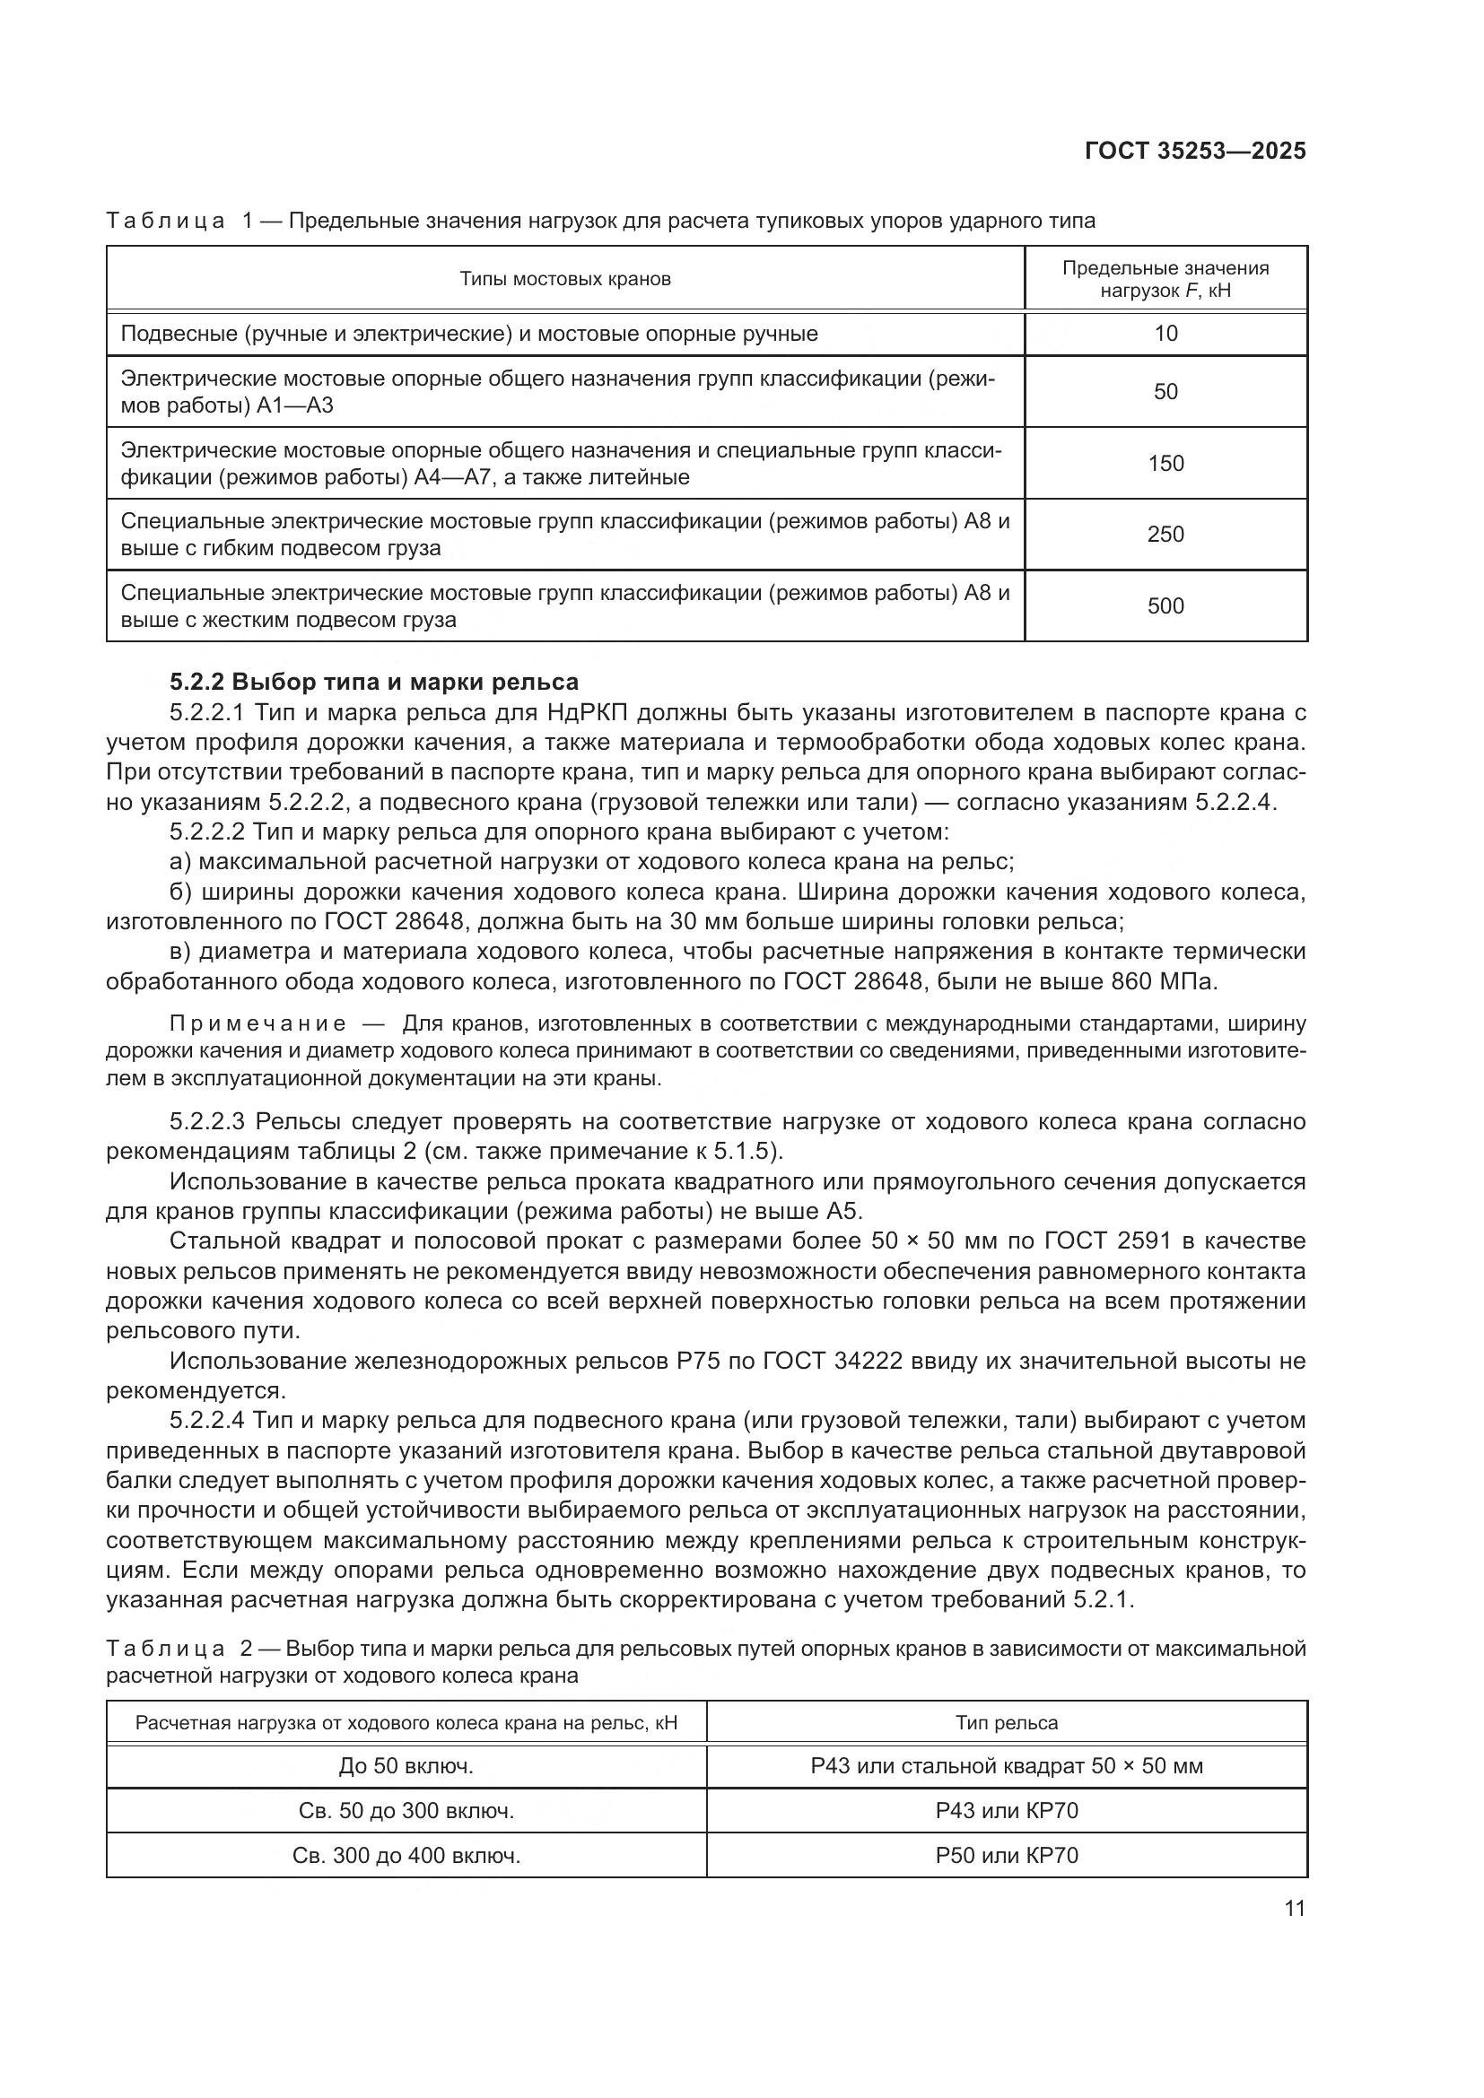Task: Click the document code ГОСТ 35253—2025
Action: click(1194, 151)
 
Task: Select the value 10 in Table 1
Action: click(1165, 334)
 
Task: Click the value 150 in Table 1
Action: click(1165, 463)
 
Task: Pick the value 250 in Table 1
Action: click(1165, 535)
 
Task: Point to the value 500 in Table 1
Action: click(1165, 605)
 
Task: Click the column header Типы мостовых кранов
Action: click(564, 279)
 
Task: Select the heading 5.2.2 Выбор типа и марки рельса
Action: click(374, 683)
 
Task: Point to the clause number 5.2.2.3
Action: click(207, 1122)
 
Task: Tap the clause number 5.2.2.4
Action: click(207, 1421)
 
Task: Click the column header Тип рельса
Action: click(1006, 1723)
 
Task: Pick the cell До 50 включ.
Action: click(406, 1766)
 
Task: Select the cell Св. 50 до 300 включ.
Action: click(406, 1811)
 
